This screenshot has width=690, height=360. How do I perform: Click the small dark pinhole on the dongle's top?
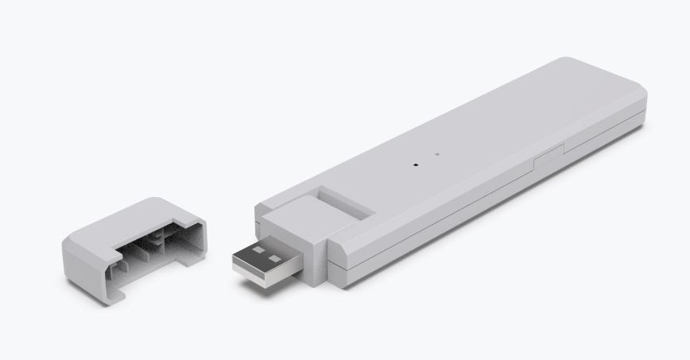tap(415, 165)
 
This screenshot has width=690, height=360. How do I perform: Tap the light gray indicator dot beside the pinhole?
tap(436, 154)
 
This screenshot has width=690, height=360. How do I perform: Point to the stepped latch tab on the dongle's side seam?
tap(549, 154)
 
